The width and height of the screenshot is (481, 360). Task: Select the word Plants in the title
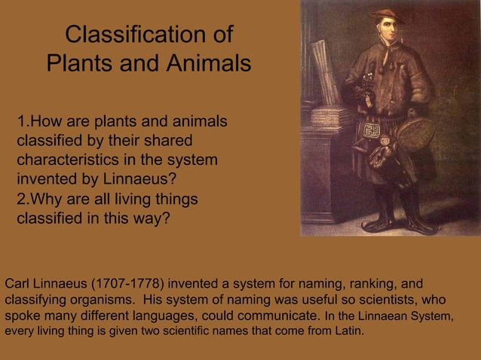(82, 64)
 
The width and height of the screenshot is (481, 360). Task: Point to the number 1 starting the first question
(21, 121)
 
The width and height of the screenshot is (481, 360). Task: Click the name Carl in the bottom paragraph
(17, 284)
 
